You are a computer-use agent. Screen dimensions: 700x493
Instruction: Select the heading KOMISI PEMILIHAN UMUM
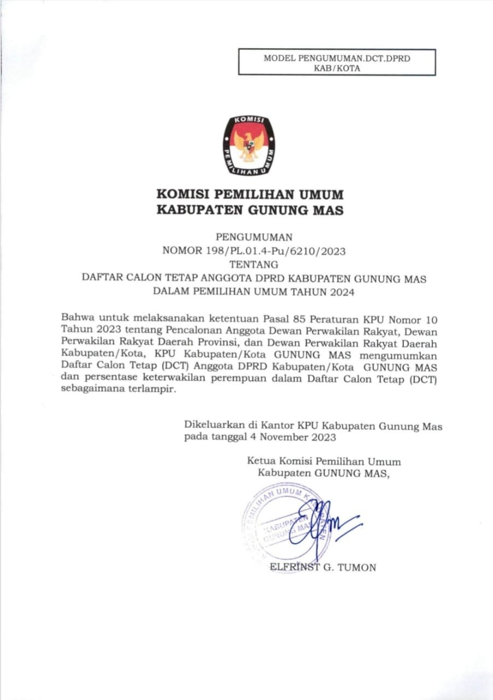click(x=250, y=194)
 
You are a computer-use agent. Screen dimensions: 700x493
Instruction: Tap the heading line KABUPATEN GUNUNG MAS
click(x=250, y=210)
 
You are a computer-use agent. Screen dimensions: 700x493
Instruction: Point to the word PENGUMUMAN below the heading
click(x=254, y=237)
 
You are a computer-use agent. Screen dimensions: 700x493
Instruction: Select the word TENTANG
click(x=254, y=265)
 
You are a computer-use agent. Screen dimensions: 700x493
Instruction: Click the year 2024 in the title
click(x=342, y=292)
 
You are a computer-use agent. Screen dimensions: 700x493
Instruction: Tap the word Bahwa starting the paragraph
click(x=77, y=317)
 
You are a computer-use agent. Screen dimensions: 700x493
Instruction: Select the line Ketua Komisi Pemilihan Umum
click(x=324, y=462)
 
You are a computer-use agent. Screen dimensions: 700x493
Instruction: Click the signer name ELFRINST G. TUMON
click(x=323, y=568)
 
